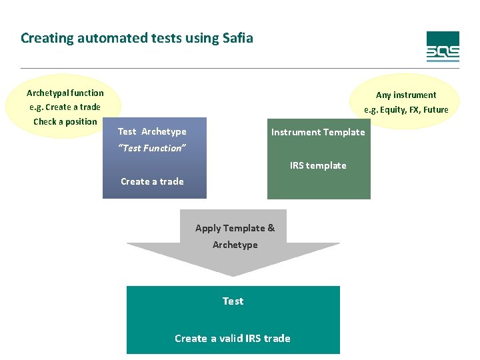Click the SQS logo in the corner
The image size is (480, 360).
[x=443, y=47]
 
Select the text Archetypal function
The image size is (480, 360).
[x=65, y=93]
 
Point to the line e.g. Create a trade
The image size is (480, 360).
[x=65, y=107]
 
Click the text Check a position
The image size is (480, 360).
[x=65, y=121]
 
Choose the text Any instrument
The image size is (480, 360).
[x=406, y=95]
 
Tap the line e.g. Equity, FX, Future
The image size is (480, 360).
[x=406, y=109]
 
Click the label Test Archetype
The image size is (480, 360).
[x=152, y=131]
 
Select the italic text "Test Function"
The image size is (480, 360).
[x=151, y=148]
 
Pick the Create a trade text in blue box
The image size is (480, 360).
[x=152, y=181]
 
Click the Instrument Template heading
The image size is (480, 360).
[x=318, y=132]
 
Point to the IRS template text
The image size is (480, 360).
[x=318, y=165]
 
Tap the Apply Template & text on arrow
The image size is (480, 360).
[x=235, y=228]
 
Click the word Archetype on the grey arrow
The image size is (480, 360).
[x=235, y=245]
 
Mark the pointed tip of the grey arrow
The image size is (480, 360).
[x=233, y=275]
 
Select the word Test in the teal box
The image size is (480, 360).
[x=233, y=301]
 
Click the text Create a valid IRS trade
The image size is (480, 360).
[x=233, y=339]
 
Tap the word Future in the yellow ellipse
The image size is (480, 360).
[x=435, y=109]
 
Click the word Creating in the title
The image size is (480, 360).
[x=47, y=38]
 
